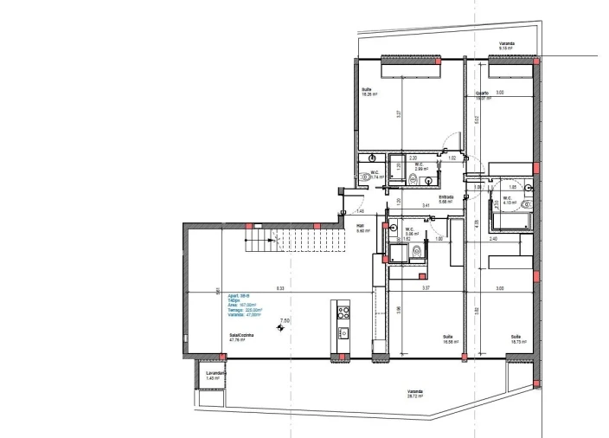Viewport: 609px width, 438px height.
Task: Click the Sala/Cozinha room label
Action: (238, 338)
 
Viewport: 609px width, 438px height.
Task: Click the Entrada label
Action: (446, 198)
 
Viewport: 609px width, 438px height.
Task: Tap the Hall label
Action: (362, 229)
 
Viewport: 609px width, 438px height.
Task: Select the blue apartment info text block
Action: (244, 307)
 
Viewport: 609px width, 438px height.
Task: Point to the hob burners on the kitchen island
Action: (342, 312)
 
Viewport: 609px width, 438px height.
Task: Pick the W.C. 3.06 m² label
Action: (412, 231)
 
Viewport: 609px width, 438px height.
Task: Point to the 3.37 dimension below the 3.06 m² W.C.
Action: (425, 288)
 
